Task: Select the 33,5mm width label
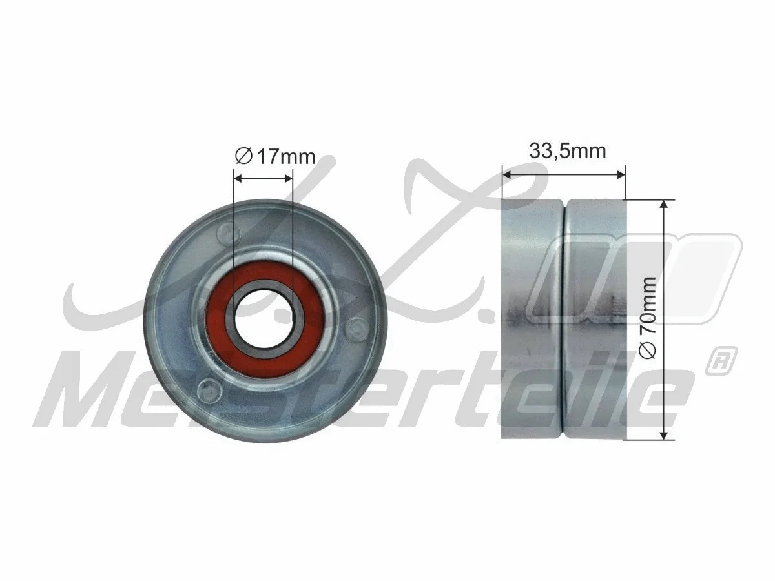coord(567,151)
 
